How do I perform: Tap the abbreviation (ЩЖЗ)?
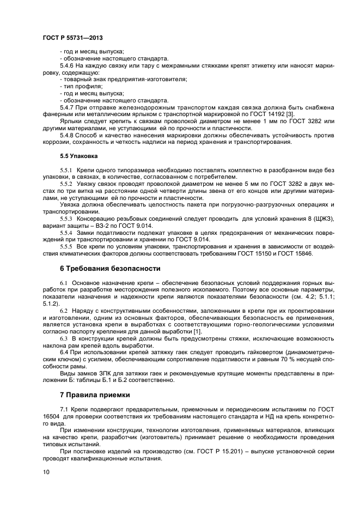(x=321, y=218)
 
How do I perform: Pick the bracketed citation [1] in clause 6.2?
(x=199, y=331)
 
